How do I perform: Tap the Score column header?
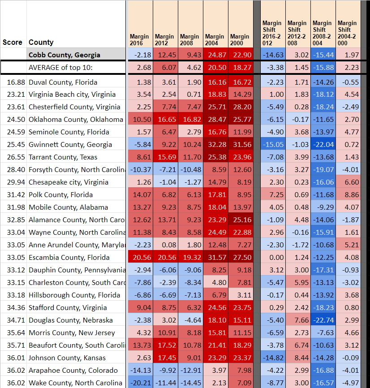coord(12,43)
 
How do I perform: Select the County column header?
coord(41,43)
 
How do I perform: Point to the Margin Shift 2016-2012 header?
coord(272,33)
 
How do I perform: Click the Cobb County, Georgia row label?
coord(64,55)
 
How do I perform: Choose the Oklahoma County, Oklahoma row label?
coord(75,120)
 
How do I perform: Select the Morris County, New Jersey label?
coord(72,333)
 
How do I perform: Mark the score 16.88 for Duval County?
coord(13,82)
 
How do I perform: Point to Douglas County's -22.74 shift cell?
coord(323,320)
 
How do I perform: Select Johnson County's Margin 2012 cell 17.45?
coord(165,358)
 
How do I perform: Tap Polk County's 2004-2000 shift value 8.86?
coord(348,195)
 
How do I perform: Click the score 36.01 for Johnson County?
coord(13,358)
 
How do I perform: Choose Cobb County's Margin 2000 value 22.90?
coord(241,55)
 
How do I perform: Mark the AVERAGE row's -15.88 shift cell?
coord(323,67)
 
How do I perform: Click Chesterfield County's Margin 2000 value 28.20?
coord(241,107)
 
